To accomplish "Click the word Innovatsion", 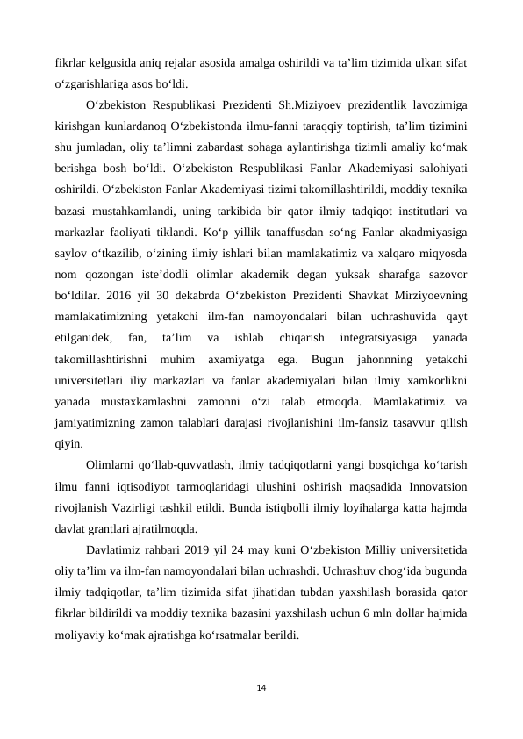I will pyautogui.click(x=433, y=485).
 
